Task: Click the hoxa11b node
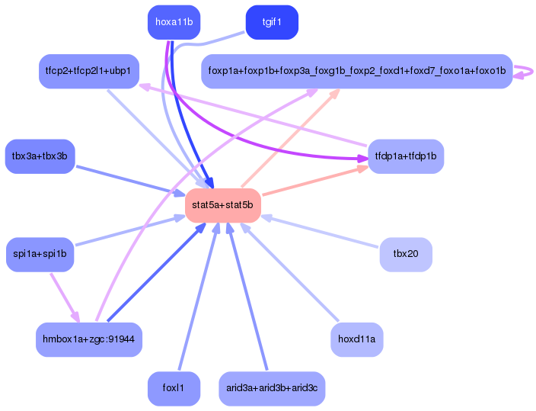[173, 22]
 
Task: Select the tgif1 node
[272, 22]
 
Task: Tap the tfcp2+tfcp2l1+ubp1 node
[88, 71]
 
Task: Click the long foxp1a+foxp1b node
[356, 71]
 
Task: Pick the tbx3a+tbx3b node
[40, 156]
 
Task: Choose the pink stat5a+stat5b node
[222, 206]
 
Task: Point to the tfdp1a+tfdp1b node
[406, 156]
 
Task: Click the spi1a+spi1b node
[40, 254]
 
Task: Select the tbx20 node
[406, 254]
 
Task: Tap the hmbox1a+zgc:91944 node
[89, 339]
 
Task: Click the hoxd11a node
[356, 339]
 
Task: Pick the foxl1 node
[174, 388]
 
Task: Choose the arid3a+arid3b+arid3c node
[272, 388]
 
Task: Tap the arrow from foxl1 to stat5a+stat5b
[197, 297]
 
